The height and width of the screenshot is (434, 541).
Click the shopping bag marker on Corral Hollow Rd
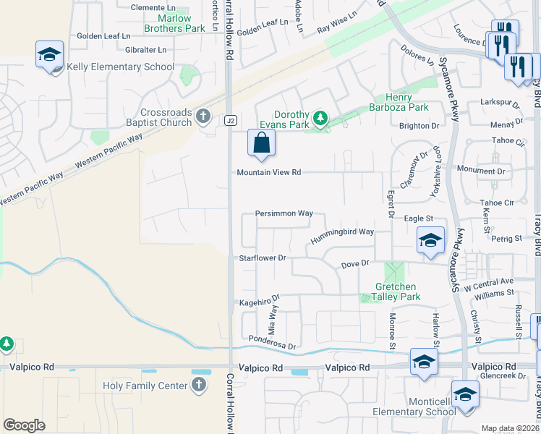(261, 142)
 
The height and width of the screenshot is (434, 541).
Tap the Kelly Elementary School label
(120, 67)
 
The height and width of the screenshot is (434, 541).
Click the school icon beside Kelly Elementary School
(50, 55)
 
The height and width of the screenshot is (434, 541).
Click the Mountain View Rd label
(269, 172)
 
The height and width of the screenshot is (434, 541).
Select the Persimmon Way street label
(284, 214)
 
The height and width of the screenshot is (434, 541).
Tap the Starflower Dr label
(264, 258)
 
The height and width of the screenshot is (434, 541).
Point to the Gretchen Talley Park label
(397, 292)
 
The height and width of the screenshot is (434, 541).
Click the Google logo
(25, 425)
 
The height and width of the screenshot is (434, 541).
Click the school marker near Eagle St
(430, 241)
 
